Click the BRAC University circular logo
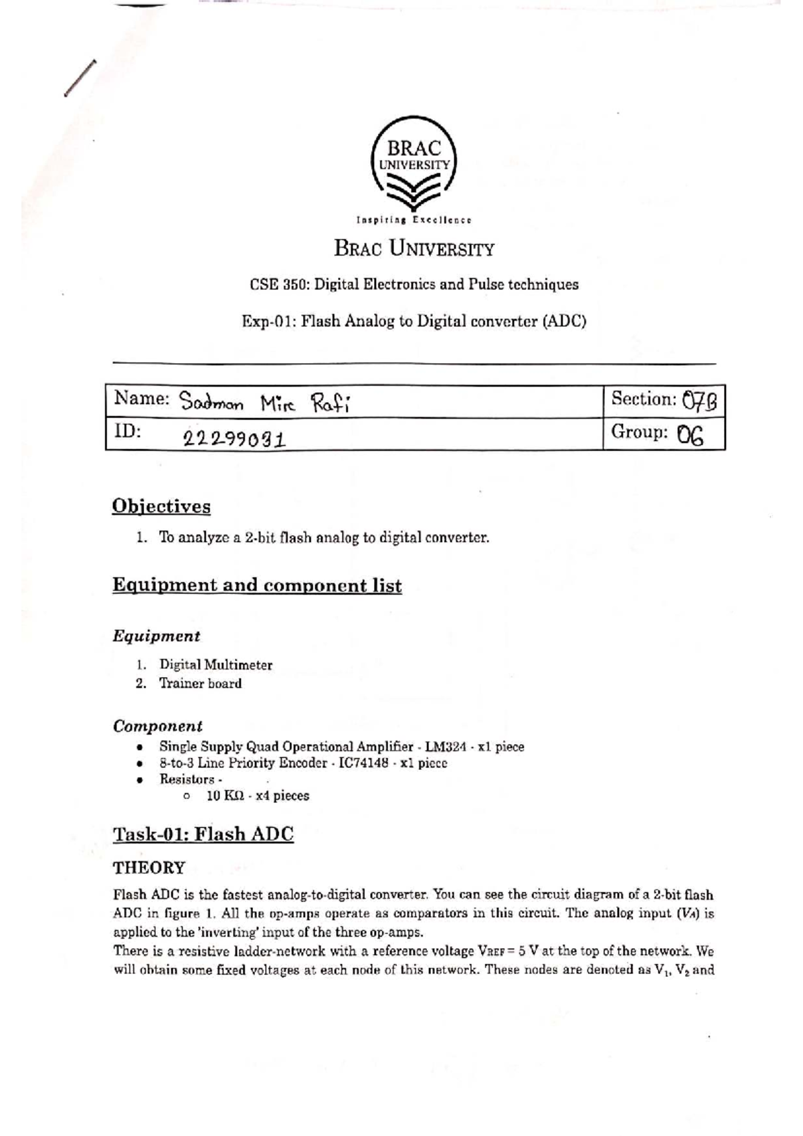414,165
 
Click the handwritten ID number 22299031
234,438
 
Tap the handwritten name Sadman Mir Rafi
264,403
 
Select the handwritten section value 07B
700,401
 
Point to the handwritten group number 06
690,436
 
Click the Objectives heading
161,506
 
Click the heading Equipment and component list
257,585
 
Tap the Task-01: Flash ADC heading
203,834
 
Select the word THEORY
149,868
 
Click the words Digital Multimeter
215,665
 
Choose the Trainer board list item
200,683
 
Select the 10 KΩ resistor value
224,795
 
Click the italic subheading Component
157,726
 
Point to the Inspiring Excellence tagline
414,219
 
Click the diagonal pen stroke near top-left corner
80,78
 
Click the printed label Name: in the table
142,399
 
